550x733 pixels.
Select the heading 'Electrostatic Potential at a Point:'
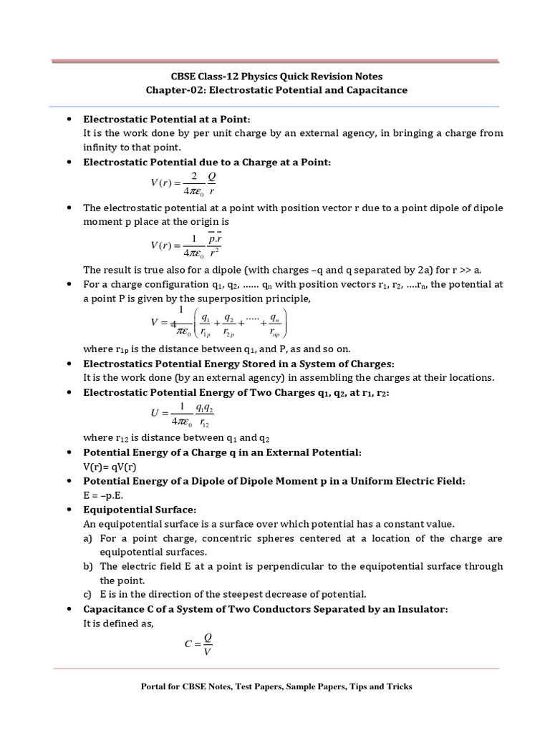pyautogui.click(x=168, y=119)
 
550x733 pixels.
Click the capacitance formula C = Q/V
pyautogui.click(x=198, y=643)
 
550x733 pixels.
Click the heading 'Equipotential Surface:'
pyautogui.click(x=140, y=510)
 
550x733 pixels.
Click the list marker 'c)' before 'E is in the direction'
pyautogui.click(x=88, y=594)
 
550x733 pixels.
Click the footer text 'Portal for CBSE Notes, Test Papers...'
pyautogui.click(x=276, y=686)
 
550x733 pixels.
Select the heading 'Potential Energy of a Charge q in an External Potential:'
pyautogui.click(x=223, y=453)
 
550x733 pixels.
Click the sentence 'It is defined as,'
pyautogui.click(x=118, y=623)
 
